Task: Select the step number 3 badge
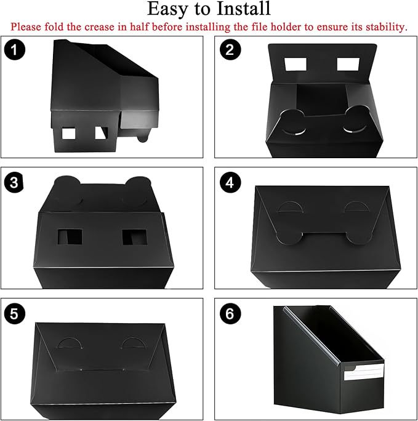(x=14, y=183)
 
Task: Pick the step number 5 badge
(x=14, y=313)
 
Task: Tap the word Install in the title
(x=246, y=9)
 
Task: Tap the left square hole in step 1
(x=68, y=133)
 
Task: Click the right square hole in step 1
(x=101, y=133)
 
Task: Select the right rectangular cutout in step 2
(x=349, y=64)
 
